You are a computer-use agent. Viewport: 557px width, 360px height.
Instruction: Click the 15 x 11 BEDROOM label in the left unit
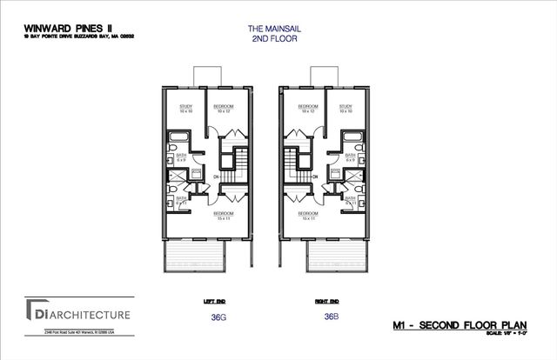point(223,215)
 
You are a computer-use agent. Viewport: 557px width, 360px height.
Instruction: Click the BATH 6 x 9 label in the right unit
point(348,158)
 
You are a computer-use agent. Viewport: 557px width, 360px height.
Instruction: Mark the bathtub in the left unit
point(177,140)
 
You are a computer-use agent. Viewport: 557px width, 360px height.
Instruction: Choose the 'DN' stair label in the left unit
point(215,177)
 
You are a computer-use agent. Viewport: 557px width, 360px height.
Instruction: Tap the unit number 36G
point(218,317)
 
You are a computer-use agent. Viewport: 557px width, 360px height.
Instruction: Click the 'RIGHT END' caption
point(327,302)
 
